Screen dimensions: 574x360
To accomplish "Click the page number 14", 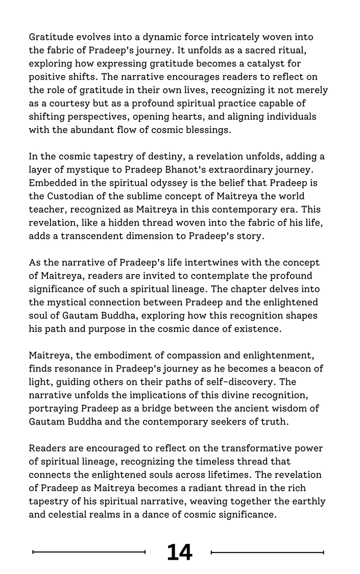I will pos(179,552).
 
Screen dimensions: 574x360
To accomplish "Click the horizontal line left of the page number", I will pos(89,552).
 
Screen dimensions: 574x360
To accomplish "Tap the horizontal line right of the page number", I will pos(267,552).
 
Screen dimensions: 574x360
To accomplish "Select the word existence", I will pos(255,329).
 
